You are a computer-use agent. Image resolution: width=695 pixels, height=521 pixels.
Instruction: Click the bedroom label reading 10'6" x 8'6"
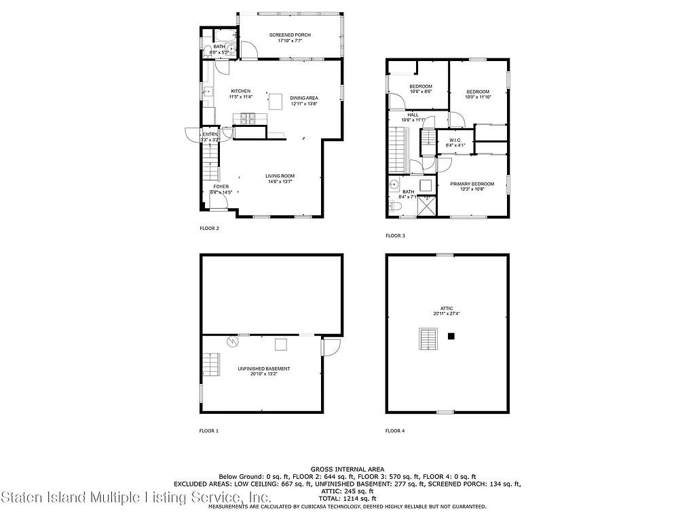[x=420, y=89]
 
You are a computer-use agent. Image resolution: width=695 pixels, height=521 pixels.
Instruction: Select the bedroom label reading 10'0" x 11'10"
[x=477, y=94]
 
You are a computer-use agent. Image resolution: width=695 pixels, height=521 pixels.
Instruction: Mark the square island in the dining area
[x=276, y=102]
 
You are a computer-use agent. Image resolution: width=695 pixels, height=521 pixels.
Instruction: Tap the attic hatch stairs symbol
[x=428, y=338]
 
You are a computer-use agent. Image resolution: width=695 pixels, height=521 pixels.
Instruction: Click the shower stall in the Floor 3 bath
[x=426, y=205]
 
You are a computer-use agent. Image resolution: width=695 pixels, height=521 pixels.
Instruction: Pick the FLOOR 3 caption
[x=395, y=235]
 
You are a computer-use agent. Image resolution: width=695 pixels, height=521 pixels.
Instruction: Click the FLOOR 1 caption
[x=209, y=431]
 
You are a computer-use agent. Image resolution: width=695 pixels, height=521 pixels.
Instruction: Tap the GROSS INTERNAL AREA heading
[x=347, y=469]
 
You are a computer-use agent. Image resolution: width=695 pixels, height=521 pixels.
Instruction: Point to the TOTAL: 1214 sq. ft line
[x=347, y=499]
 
